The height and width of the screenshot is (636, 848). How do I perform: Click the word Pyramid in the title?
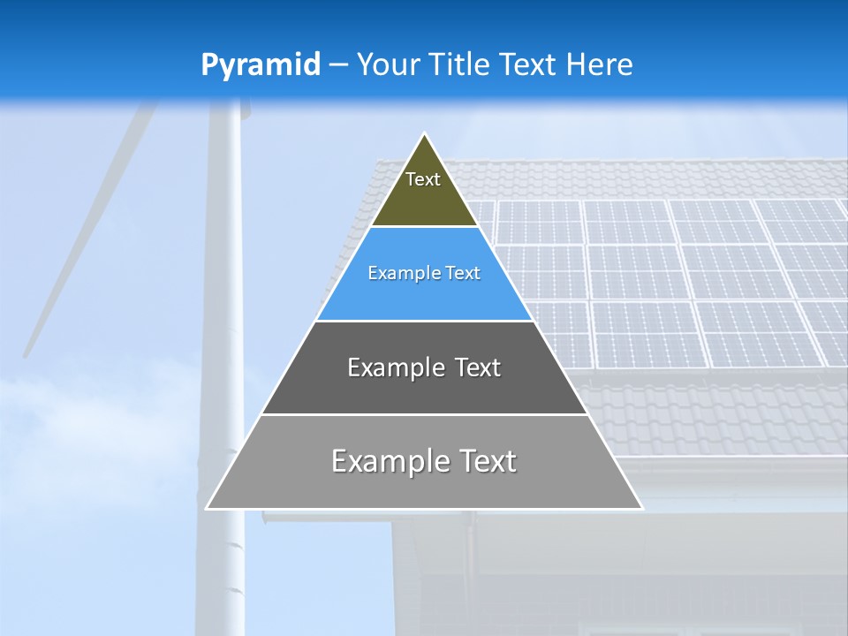[x=261, y=65]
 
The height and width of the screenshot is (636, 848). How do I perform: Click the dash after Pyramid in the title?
[x=337, y=66]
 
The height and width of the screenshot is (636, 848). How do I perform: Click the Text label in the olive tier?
[x=423, y=179]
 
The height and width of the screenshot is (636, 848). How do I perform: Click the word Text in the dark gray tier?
[x=478, y=367]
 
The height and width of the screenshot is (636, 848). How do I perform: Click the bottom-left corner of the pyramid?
[x=208, y=508]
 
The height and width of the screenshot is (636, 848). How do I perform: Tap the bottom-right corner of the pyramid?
[x=641, y=508]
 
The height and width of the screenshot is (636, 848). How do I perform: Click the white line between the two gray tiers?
[x=424, y=414]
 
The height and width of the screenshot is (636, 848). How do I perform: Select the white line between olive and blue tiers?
[x=424, y=226]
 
